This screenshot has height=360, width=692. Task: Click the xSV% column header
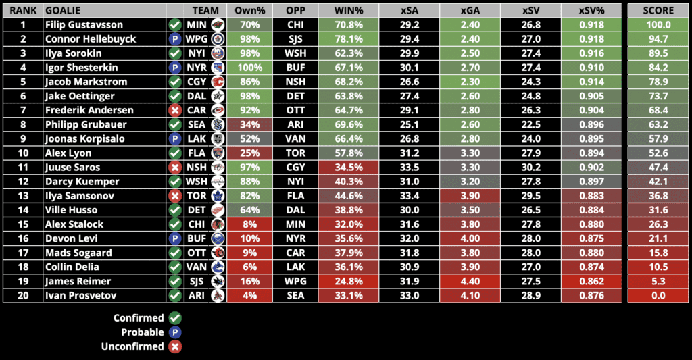point(591,11)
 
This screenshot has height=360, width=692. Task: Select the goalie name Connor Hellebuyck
point(90,39)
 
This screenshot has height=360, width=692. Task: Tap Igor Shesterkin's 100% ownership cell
point(249,68)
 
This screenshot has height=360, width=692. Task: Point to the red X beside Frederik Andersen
point(175,110)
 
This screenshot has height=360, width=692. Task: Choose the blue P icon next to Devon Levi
point(175,238)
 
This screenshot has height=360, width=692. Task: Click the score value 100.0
point(658,25)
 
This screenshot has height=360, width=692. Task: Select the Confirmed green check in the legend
point(175,318)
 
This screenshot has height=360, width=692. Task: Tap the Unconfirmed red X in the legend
point(175,346)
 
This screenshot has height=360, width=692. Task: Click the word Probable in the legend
point(142,332)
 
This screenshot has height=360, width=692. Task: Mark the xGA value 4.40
point(470,281)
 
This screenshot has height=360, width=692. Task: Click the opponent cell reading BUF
point(295,68)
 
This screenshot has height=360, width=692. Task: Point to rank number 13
point(22,196)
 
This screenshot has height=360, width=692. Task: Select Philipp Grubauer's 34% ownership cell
point(249,124)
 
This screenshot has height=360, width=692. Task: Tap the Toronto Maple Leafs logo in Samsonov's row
point(217,196)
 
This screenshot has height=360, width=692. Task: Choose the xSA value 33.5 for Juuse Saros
point(410,167)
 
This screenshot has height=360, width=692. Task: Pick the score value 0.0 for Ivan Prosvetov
point(658,295)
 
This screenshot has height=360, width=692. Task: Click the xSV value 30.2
point(530,167)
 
